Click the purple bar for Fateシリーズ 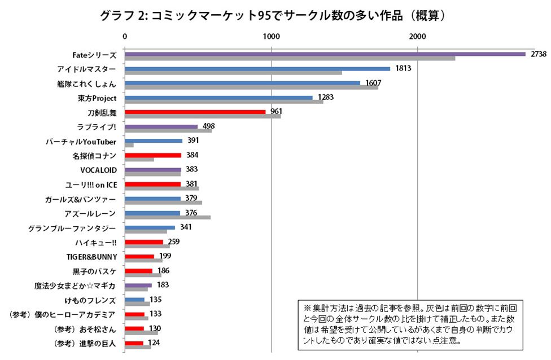pos(325,54)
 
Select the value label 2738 pos(537,54)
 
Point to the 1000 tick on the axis pos(272,36)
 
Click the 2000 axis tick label pos(418,36)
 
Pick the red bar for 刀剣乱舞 pos(195,112)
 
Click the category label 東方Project pos(97,98)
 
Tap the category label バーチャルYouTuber pos(81,141)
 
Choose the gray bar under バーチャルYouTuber pos(129,145)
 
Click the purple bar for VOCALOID pos(152,169)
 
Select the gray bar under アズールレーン pos(167,217)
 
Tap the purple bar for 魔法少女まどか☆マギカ pos(138,285)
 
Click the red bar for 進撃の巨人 pos(134,343)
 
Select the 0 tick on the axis pos(124,36)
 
